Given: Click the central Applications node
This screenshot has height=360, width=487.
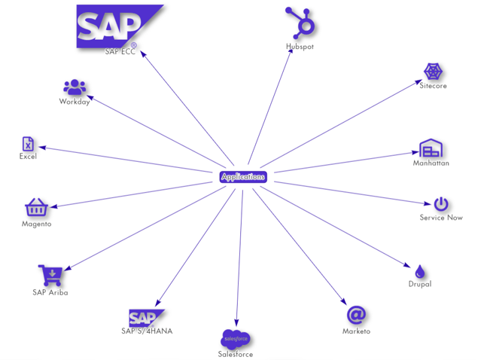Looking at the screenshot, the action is coord(243,176).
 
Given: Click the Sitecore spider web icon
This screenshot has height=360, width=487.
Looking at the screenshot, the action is coord(433,72).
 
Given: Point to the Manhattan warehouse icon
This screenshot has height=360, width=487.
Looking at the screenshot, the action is coord(431,148).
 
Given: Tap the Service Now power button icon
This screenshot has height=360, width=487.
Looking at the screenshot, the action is coord(441,204).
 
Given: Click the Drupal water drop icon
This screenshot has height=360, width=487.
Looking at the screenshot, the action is coord(419,271).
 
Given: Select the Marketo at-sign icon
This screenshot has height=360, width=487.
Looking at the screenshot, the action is coord(356,315).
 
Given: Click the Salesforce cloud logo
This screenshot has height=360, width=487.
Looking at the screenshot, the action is coord(236,339).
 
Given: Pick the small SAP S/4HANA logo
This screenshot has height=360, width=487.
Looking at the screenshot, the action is coord(145,318).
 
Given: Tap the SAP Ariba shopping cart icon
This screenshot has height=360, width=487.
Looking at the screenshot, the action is coord(50,275).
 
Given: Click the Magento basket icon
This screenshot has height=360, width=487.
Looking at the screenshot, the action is coord(36,207).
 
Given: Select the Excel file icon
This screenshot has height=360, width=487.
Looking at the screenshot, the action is coord(28,144).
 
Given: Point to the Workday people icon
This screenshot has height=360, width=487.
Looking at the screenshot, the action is coord(75,87).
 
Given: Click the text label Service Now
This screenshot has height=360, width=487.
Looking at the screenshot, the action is coord(441,218).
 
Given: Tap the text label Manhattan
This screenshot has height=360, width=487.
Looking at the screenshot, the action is coord(431,163).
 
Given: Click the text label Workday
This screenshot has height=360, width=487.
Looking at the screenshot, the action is coord(75,102).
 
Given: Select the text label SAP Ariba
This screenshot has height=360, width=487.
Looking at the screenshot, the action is coord(50,292).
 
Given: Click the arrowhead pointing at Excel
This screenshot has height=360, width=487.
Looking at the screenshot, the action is coord(42,148).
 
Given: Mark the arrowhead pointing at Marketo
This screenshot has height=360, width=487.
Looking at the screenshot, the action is coord(343,301).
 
